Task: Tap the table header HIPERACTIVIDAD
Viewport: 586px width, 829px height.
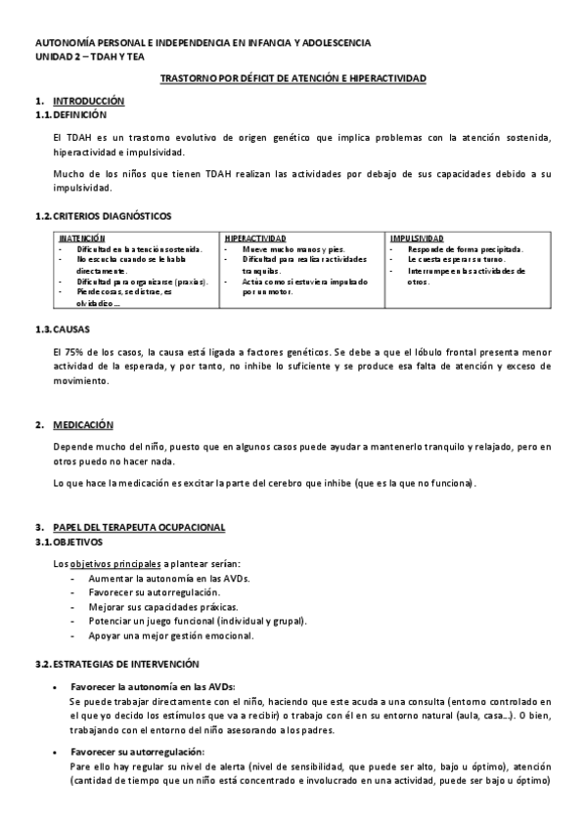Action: (x=254, y=239)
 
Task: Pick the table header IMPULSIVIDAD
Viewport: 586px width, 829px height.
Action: (x=416, y=239)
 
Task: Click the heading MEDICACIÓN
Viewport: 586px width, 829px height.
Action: (x=83, y=425)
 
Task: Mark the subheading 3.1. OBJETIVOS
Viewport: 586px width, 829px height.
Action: (x=68, y=541)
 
